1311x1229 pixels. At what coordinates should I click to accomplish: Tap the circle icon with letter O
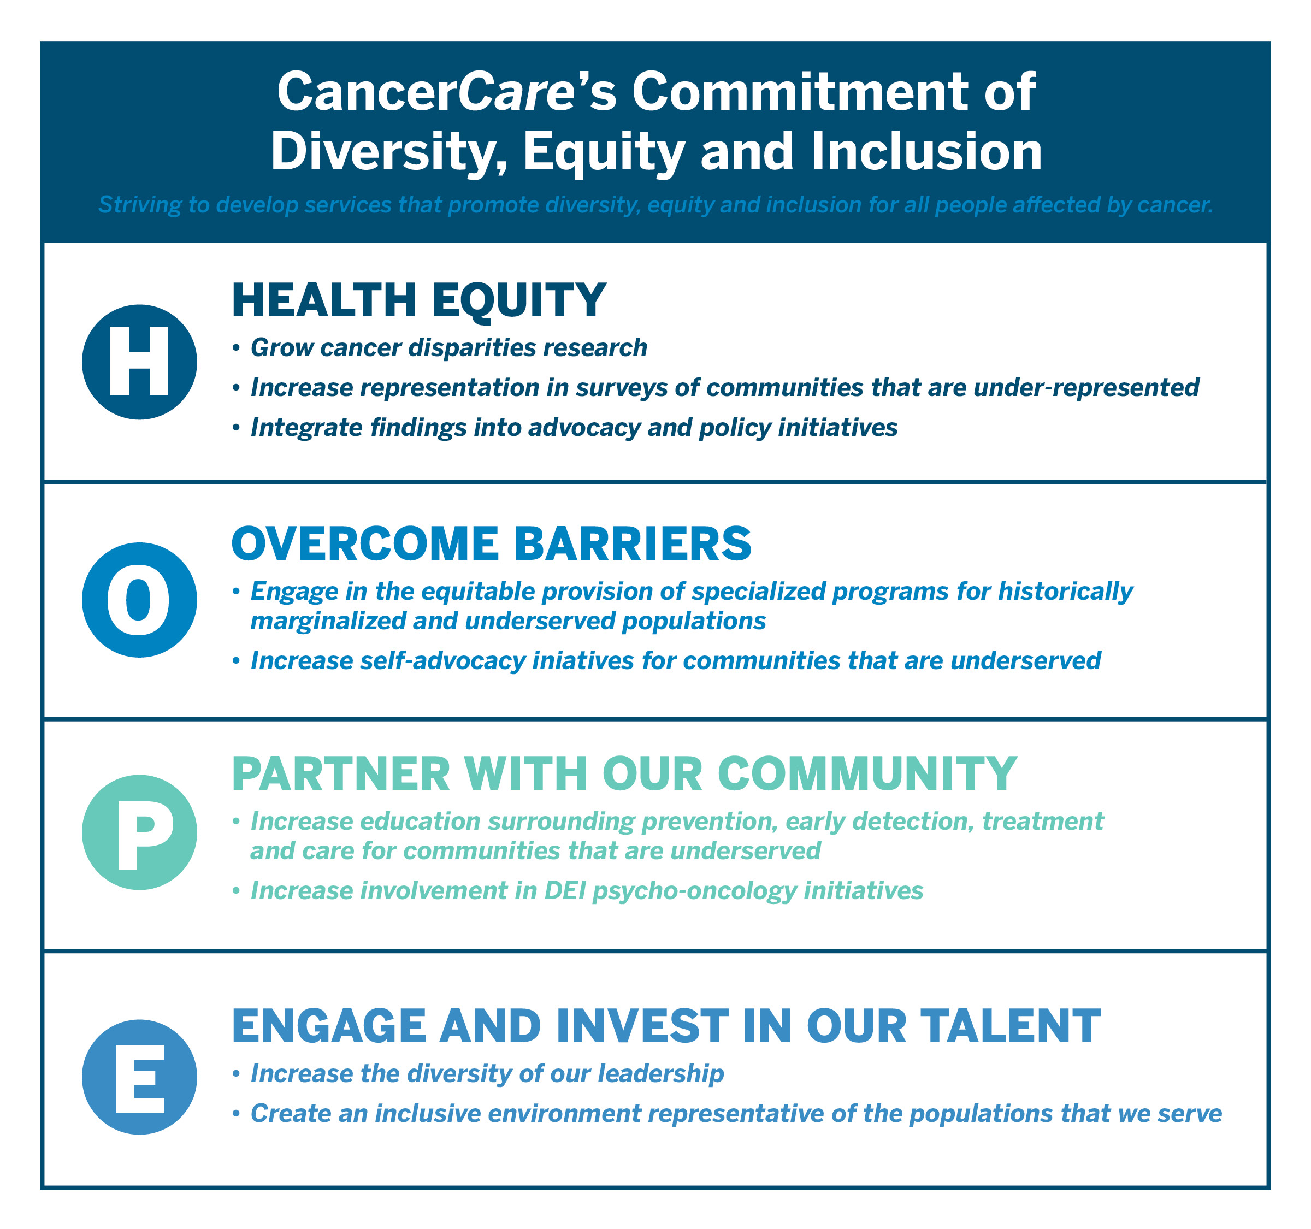point(139,599)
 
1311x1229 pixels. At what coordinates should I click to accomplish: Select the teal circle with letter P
point(139,832)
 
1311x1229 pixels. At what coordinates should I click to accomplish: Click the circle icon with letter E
point(139,1077)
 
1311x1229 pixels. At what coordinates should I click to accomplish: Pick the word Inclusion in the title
point(926,152)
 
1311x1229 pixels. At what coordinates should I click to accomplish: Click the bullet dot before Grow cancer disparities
point(236,348)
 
